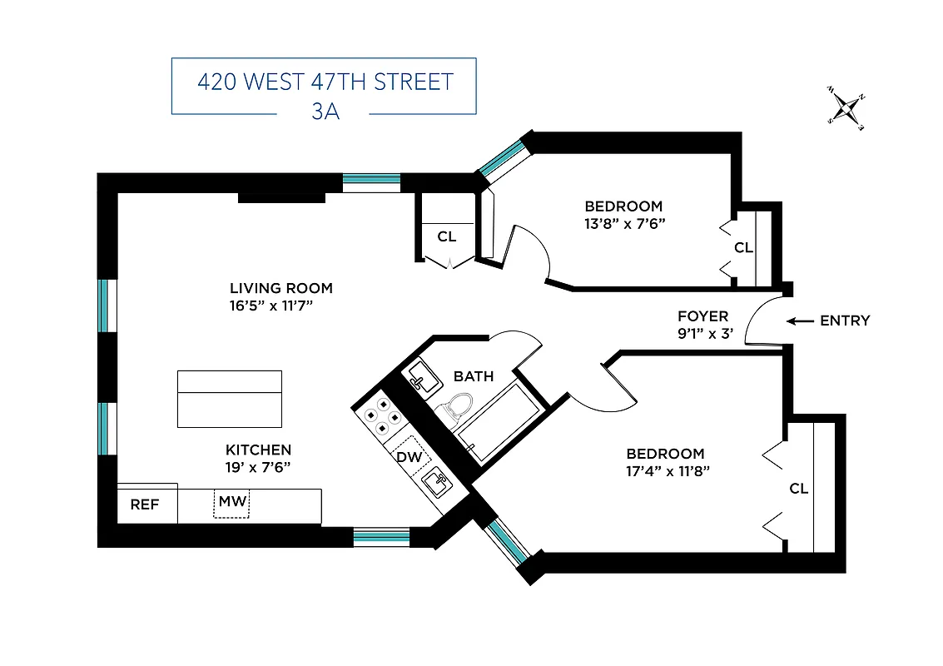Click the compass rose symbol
(847, 108)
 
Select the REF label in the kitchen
(144, 504)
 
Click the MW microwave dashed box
(231, 503)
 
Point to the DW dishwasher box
(409, 456)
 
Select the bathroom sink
(421, 379)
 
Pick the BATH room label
(474, 376)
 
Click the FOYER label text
(702, 316)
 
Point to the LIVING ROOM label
(281, 289)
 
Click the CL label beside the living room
(447, 236)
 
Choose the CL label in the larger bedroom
(798, 489)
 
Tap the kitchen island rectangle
(230, 399)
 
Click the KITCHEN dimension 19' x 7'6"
(258, 466)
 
